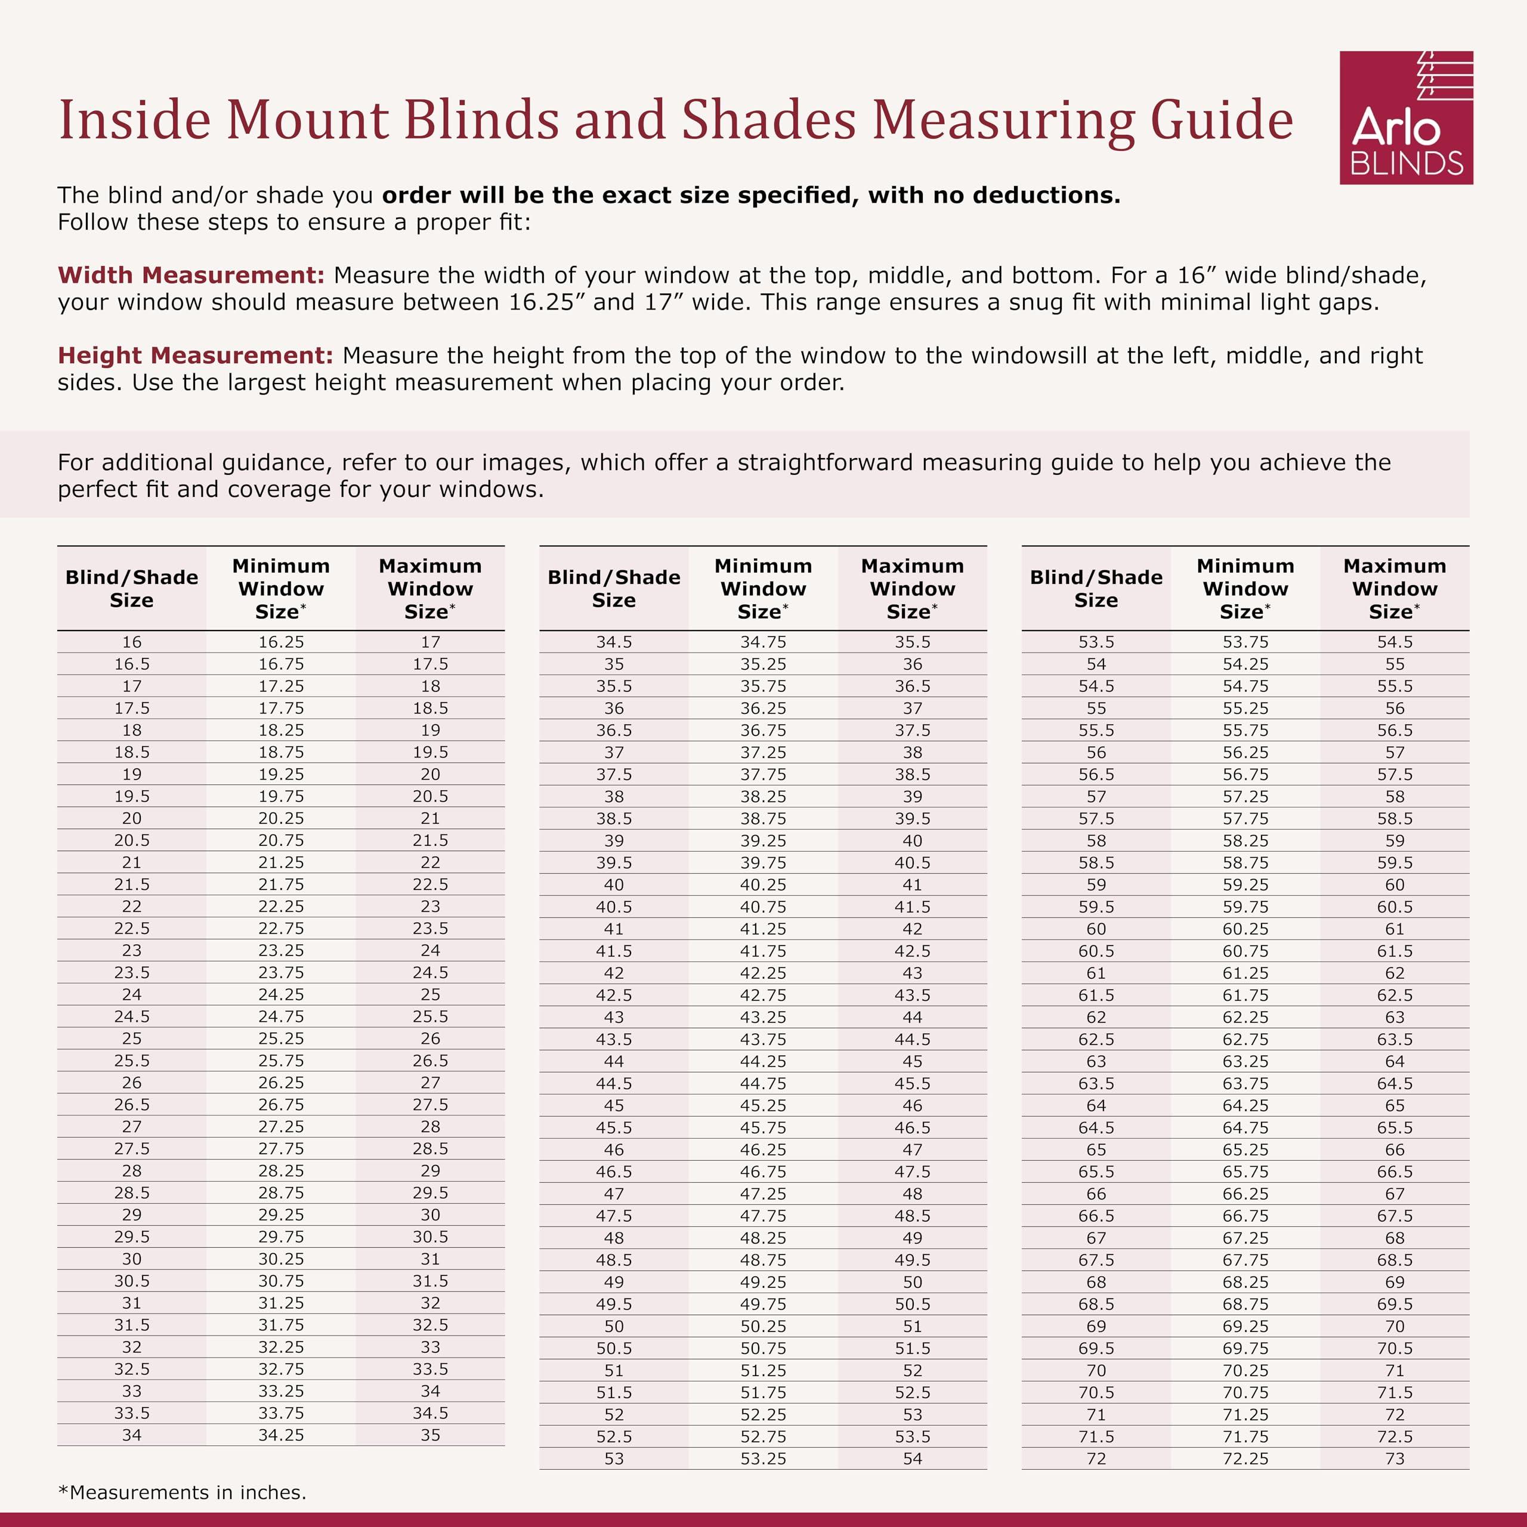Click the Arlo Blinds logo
[1405, 118]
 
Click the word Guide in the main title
[1221, 121]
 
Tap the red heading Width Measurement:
[190, 275]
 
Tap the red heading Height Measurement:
[194, 355]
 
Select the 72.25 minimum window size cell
[1245, 1458]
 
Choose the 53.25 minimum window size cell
[763, 1458]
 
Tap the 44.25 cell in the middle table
[763, 1061]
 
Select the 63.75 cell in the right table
[1245, 1083]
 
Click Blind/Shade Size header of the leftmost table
[131, 588]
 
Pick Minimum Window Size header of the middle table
[763, 588]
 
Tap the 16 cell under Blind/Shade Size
[131, 642]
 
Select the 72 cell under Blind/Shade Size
[1096, 1458]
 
